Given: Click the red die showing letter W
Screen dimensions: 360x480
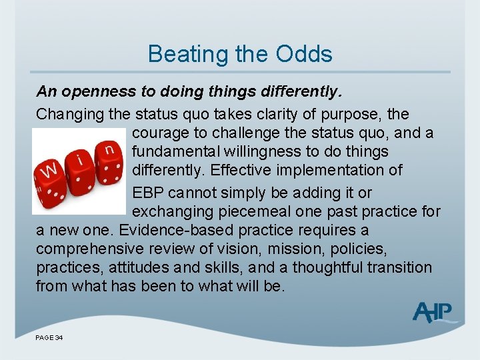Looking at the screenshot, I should point(51,175).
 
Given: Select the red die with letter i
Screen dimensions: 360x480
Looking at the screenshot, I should point(81,166).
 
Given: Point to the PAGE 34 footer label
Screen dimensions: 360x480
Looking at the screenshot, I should point(49,339).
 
